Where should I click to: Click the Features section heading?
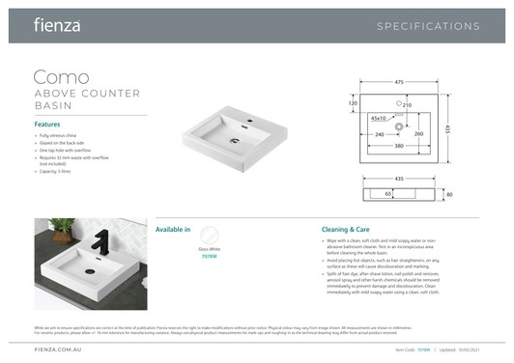[47, 125]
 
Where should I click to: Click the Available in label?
[173, 229]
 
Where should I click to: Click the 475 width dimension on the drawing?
[398, 83]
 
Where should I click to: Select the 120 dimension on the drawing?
[353, 102]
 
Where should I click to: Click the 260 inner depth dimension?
[418, 134]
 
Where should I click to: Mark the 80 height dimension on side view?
[449, 194]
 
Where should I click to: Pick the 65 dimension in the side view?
[387, 194]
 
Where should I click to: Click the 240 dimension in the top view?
[379, 134]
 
